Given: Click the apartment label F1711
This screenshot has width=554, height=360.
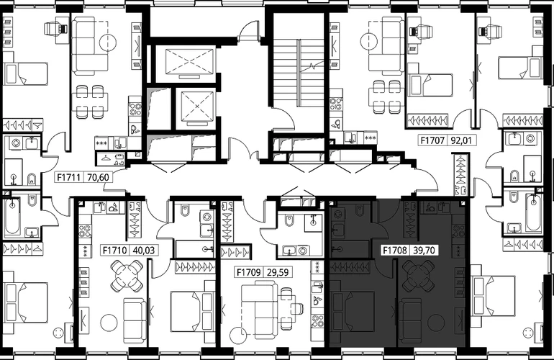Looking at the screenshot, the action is click(x=70, y=177).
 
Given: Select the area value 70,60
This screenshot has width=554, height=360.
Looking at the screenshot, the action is click(x=98, y=177).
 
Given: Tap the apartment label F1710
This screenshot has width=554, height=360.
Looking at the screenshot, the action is click(x=115, y=251).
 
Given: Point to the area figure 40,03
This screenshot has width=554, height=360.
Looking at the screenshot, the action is click(x=143, y=251).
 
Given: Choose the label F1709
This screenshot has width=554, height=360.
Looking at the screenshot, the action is click(x=249, y=272).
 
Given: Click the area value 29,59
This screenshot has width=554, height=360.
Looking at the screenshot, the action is click(x=277, y=272).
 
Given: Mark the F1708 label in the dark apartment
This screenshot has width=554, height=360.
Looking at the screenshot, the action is click(x=395, y=251).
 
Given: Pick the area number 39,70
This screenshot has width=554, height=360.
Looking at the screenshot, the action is click(x=424, y=251).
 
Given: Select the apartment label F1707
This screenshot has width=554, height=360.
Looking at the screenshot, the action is click(x=432, y=140).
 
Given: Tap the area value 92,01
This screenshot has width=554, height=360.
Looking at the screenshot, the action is click(x=461, y=140).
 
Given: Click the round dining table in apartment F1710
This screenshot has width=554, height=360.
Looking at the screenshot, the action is click(x=127, y=276).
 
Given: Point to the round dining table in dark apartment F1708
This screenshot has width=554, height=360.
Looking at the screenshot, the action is click(x=419, y=276).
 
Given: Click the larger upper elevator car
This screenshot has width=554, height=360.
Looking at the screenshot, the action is click(x=190, y=61).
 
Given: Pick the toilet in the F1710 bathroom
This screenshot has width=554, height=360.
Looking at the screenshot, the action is click(x=186, y=210).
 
